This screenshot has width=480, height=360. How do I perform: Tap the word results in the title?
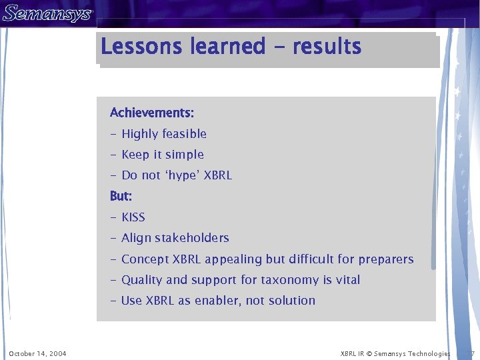tap(327, 47)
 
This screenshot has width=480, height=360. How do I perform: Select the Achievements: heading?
tap(152, 113)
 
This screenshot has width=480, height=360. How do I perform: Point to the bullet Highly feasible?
tap(164, 134)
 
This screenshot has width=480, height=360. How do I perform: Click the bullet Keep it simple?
tap(163, 155)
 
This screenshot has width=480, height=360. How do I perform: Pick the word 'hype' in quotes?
tap(181, 176)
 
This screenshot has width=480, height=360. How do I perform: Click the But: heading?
tap(121, 197)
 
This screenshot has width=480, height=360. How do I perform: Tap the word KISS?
tap(133, 217)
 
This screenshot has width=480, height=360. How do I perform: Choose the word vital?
tap(348, 280)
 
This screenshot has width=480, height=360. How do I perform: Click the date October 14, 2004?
tap(37, 353)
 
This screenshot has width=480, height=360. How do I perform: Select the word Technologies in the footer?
tap(429, 353)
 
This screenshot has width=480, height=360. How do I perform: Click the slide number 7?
tap(471, 353)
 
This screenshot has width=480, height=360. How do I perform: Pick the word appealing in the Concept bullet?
tap(234, 259)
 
